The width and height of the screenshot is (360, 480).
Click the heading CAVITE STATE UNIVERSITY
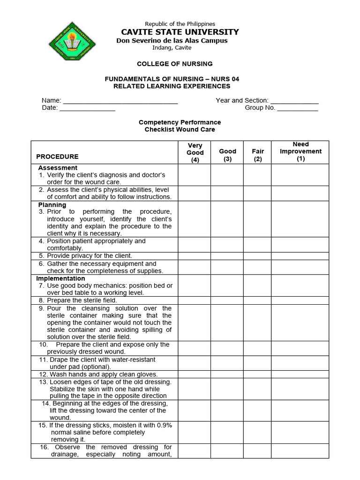pyautogui.click(x=180, y=32)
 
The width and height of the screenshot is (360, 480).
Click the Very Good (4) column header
pyautogui.click(x=195, y=152)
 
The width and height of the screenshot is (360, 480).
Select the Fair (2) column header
pyautogui.click(x=258, y=155)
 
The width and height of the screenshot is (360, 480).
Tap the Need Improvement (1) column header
pyautogui.click(x=300, y=151)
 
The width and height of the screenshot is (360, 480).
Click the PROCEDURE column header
pyautogui.click(x=58, y=157)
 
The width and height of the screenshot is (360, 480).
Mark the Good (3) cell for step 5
pyautogui.click(x=227, y=256)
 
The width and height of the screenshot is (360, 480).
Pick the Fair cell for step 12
pyautogui.click(x=257, y=375)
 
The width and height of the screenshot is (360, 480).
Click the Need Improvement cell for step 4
pyautogui.click(x=300, y=245)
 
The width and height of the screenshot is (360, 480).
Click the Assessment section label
pyautogui.click(x=58, y=168)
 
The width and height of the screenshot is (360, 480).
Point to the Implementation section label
pyautogui.click(x=60, y=278)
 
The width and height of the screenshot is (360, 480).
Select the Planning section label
pyautogui.click(x=52, y=205)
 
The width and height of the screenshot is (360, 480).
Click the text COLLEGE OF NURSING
pyautogui.click(x=174, y=64)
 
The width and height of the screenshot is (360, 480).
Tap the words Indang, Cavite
pyautogui.click(x=172, y=47)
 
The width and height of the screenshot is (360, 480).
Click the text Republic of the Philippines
pyautogui.click(x=180, y=24)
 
